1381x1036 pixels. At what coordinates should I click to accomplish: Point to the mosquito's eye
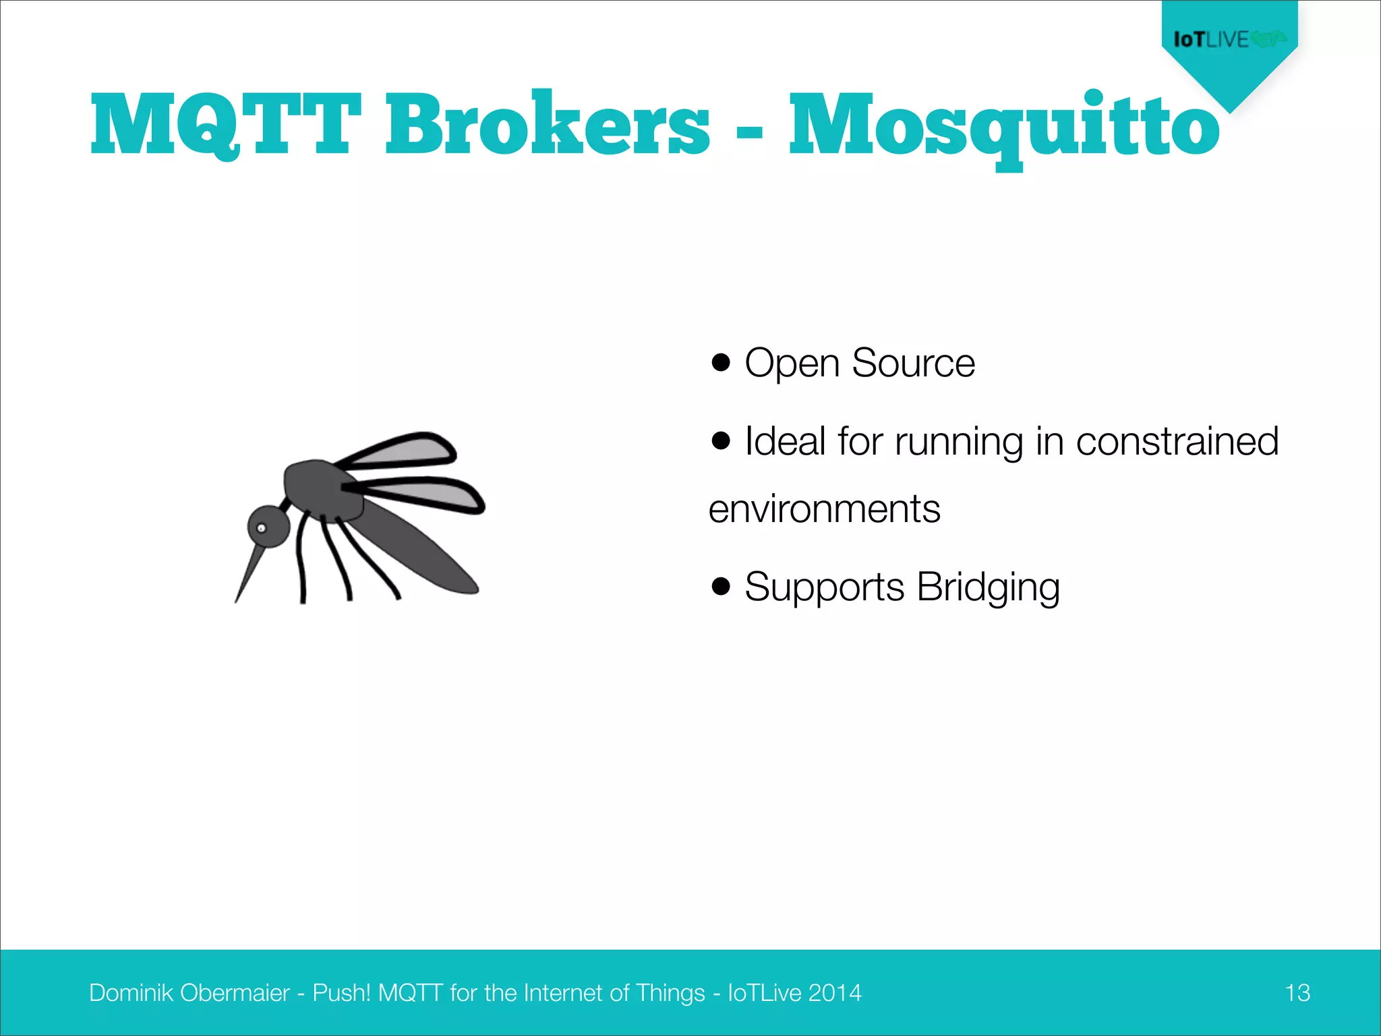pyautogui.click(x=262, y=528)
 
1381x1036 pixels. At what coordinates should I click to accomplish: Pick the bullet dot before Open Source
pyautogui.click(x=721, y=362)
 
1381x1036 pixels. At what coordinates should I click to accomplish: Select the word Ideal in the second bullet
pyautogui.click(x=785, y=441)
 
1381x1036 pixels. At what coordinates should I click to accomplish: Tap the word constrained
pyautogui.click(x=1177, y=441)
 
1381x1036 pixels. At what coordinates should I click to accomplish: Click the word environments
pyautogui.click(x=824, y=509)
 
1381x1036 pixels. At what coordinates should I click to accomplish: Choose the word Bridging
pyautogui.click(x=988, y=587)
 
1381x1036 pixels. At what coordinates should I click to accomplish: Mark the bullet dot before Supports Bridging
pyautogui.click(x=721, y=586)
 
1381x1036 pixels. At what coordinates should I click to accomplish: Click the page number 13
pyautogui.click(x=1297, y=993)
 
